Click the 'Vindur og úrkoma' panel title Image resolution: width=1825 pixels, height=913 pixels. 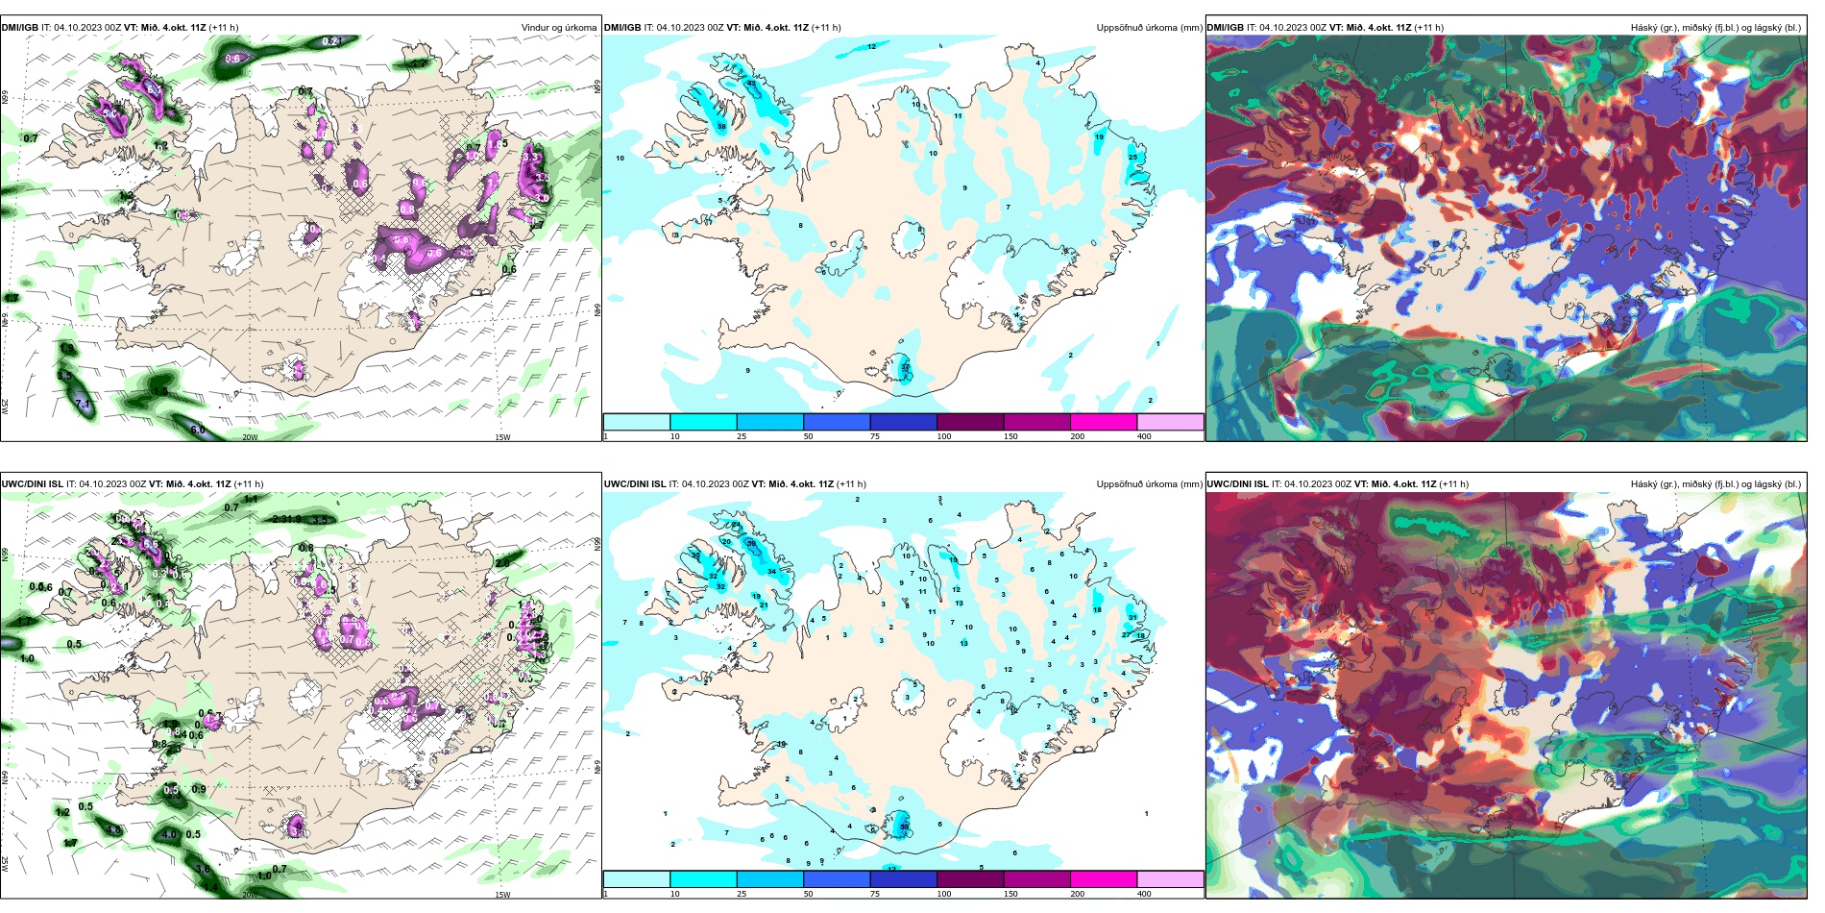(558, 28)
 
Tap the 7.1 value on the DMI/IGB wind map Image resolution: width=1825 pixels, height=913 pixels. (84, 405)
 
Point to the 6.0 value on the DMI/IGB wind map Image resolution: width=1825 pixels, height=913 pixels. (198, 430)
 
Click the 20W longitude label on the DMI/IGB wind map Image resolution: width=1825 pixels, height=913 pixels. (250, 437)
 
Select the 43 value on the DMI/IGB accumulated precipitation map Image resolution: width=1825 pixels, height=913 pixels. (751, 84)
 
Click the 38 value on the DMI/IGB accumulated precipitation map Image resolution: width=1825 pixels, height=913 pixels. (721, 127)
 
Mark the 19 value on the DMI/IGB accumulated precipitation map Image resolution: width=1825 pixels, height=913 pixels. (1099, 137)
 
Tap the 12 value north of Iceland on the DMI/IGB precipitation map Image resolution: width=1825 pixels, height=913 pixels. (872, 47)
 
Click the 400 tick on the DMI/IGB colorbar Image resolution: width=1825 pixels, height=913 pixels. (1144, 436)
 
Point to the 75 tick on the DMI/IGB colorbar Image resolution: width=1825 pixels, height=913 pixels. (875, 436)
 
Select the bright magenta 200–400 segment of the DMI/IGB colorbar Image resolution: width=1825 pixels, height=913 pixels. (1104, 422)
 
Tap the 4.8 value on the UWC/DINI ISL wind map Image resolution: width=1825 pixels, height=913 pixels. (114, 830)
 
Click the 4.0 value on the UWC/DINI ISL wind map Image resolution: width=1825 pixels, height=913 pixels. (170, 834)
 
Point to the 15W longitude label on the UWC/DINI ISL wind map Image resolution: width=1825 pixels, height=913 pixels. (502, 895)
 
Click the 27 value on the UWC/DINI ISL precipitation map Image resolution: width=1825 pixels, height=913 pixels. (1126, 634)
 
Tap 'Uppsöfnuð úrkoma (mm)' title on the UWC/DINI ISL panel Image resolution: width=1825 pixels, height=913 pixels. (1149, 484)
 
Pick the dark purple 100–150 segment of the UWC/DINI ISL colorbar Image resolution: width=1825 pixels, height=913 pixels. (970, 879)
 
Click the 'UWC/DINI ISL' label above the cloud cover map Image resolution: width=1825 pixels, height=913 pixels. (1237, 484)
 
